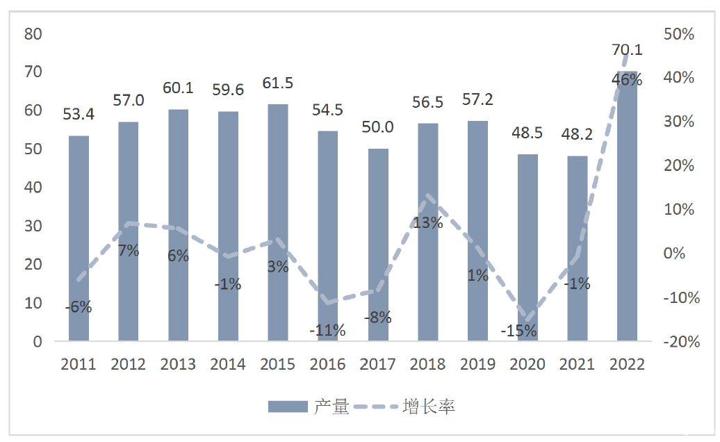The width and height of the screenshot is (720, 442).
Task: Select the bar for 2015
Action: click(278, 222)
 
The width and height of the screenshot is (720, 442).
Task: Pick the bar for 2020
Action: click(528, 247)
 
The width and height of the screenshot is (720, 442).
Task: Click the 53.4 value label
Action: click(79, 113)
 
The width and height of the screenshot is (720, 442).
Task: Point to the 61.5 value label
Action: click(278, 83)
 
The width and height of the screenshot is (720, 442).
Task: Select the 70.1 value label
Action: click(627, 49)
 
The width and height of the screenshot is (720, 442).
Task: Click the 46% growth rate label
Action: click(627, 80)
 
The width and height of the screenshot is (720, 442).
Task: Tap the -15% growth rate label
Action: click(518, 331)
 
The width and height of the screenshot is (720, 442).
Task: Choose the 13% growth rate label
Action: click(427, 222)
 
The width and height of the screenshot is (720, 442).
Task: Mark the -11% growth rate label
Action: click(327, 330)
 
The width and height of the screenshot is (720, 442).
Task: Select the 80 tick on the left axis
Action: click(33, 33)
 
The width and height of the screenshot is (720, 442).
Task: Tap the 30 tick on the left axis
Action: click(33, 227)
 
